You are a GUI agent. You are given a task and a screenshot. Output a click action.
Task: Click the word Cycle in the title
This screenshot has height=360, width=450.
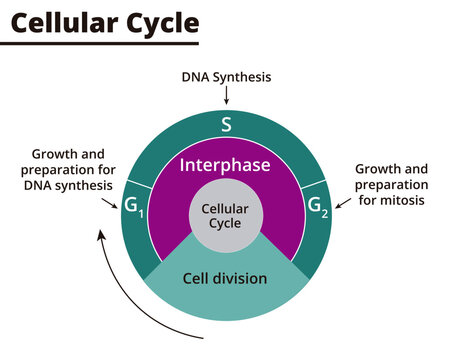163,22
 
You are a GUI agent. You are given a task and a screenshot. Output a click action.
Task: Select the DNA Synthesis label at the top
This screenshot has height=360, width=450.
226,77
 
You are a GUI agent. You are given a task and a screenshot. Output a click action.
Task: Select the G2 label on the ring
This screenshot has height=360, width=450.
317,210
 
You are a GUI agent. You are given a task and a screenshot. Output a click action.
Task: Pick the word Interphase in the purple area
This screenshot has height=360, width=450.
226,164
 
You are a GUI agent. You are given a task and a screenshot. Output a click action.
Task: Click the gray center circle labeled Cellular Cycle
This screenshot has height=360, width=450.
226,216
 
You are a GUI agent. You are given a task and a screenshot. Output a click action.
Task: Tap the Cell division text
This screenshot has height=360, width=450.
226,278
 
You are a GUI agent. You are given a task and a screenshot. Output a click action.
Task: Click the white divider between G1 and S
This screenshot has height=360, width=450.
138,185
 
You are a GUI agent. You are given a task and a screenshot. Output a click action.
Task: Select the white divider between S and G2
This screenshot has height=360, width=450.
316,185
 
